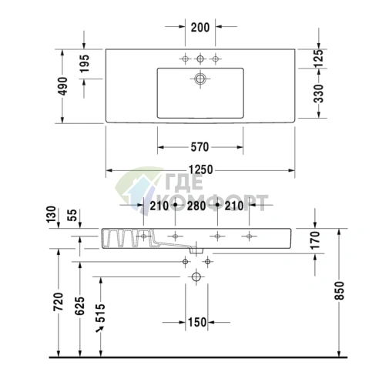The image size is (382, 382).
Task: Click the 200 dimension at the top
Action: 200,27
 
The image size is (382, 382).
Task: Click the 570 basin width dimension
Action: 200,146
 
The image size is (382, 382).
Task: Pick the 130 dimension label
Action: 52,214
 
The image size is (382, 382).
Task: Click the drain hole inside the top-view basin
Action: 201,78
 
